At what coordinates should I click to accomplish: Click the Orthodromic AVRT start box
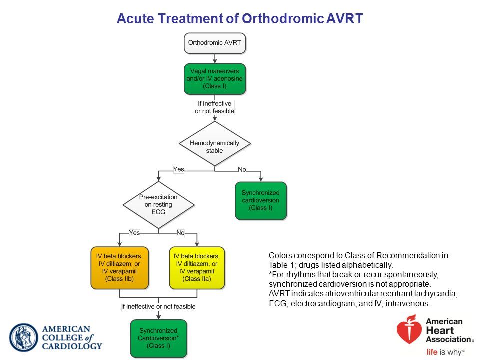pos(215,43)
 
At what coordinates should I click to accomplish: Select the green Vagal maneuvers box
pos(215,79)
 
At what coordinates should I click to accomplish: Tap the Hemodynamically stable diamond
pos(215,144)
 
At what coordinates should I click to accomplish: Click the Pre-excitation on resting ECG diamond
pos(158,205)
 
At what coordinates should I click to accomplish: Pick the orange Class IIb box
pos(119,268)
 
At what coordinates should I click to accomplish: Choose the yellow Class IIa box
pos(197,268)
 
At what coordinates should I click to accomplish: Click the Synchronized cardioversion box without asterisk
pos(261,201)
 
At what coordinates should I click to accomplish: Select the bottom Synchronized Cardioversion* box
pos(158,338)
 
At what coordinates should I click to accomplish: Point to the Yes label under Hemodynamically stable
pos(179,169)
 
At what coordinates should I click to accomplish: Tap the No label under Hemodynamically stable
pos(242,170)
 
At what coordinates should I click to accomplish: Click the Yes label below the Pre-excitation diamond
pos(134,233)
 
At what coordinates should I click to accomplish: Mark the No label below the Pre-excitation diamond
pos(180,233)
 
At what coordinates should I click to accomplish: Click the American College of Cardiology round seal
pos(23,338)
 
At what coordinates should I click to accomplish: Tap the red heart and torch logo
pos(409,329)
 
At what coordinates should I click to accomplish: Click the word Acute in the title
pos(135,18)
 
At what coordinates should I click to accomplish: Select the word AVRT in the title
pos(344,18)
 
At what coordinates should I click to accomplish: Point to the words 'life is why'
pos(445,352)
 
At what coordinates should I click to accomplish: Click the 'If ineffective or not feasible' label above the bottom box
pos(158,306)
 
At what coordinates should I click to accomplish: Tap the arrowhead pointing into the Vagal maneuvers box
pos(215,61)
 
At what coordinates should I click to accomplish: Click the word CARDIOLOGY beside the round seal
pos(72,346)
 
